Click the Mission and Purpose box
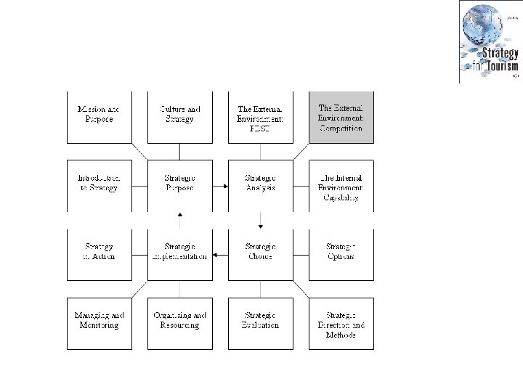[x=99, y=116]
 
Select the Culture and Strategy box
[x=179, y=116]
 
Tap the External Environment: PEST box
[x=260, y=116]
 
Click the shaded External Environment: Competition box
[x=341, y=116]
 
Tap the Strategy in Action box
[x=99, y=253]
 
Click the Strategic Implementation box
[x=179, y=253]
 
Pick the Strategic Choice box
[x=260, y=253]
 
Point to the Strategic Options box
[x=341, y=253]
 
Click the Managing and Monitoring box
[x=99, y=322]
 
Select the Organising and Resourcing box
[x=179, y=322]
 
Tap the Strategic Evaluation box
[x=260, y=322]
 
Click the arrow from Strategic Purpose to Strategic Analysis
[x=220, y=187]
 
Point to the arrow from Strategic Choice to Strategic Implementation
[x=220, y=256]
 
